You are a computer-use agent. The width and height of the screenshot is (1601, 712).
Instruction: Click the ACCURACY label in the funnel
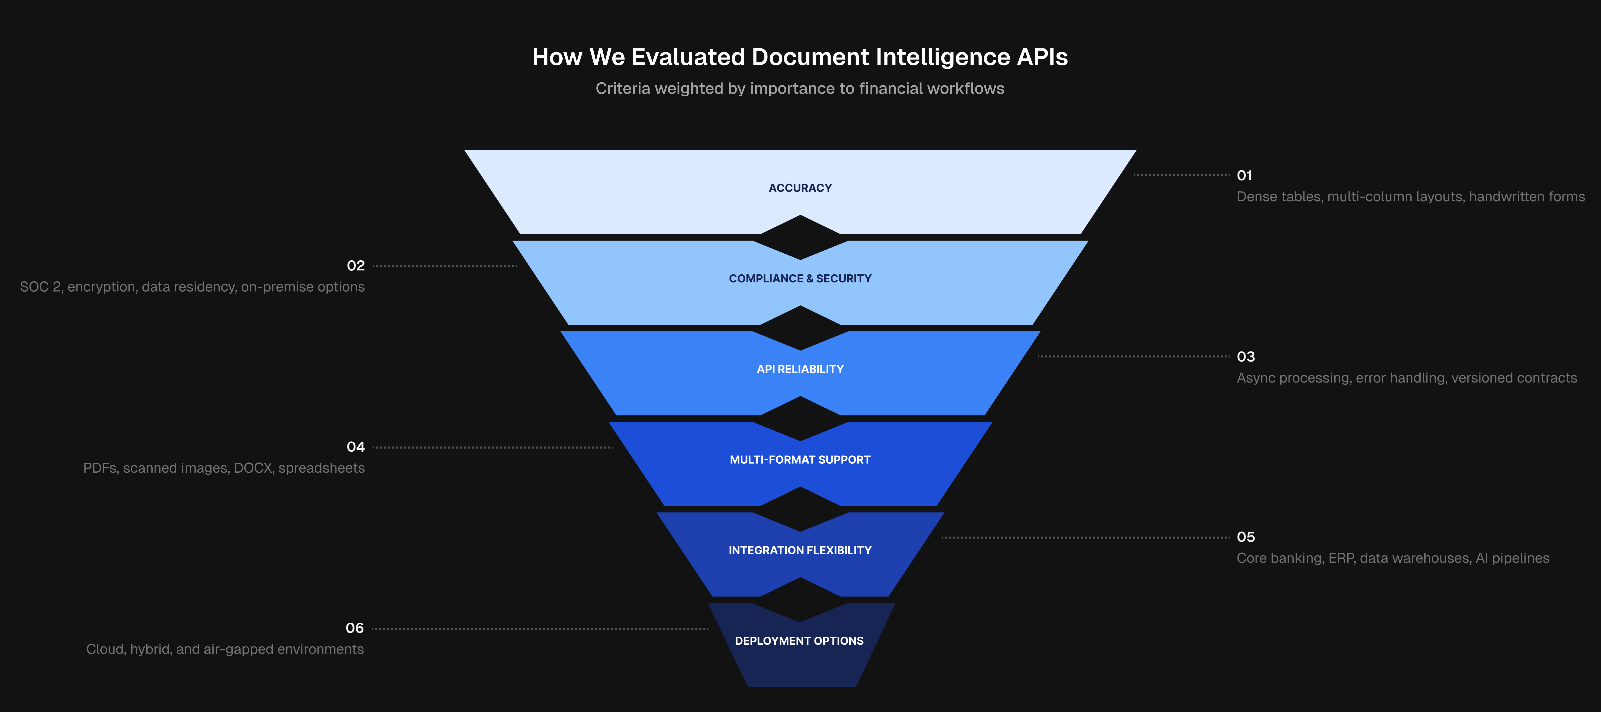[x=800, y=188]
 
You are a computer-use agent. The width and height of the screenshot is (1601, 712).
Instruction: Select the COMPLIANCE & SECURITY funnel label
[x=800, y=279]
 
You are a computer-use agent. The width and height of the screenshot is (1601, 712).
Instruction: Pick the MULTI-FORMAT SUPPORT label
[x=800, y=460]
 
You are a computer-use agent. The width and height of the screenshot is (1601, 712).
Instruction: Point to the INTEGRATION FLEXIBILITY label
[x=800, y=550]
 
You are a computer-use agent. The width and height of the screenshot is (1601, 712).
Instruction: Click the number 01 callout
[x=1244, y=175]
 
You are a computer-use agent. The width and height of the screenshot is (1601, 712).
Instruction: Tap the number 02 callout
[x=355, y=266]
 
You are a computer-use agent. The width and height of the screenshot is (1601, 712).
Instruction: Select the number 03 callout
[x=1246, y=356]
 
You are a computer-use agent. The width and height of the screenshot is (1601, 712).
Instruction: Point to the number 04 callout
[x=355, y=446]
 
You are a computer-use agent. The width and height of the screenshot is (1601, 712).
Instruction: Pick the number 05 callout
[x=1246, y=537]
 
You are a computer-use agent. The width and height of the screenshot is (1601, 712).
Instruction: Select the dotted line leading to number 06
[x=540, y=629]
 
